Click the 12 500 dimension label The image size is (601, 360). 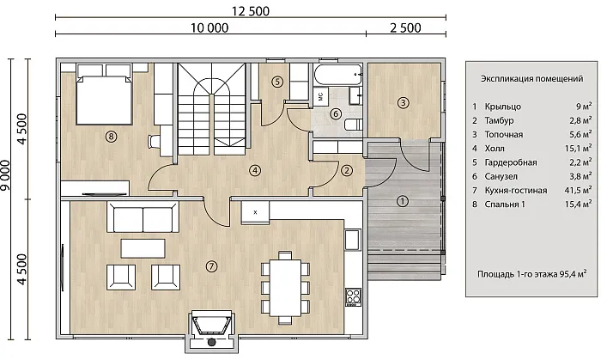251,11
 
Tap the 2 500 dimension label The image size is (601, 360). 405,28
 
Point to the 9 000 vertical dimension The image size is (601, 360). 6,174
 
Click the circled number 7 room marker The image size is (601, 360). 211,266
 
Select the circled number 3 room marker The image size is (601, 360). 403,103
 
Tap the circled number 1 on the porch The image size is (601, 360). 403,201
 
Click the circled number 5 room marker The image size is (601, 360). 277,82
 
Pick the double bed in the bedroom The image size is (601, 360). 104,95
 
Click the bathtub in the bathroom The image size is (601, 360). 337,75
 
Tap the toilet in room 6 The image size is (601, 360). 354,125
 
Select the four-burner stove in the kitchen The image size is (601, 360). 353,297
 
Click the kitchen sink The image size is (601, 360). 352,240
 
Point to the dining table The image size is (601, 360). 285,288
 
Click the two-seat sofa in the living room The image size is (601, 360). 143,217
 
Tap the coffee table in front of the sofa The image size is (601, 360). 143,248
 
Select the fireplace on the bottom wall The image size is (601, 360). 211,332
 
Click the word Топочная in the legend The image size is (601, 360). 504,135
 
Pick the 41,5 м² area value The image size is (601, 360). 578,190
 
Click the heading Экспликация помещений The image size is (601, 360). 532,78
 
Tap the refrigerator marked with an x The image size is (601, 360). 255,212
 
